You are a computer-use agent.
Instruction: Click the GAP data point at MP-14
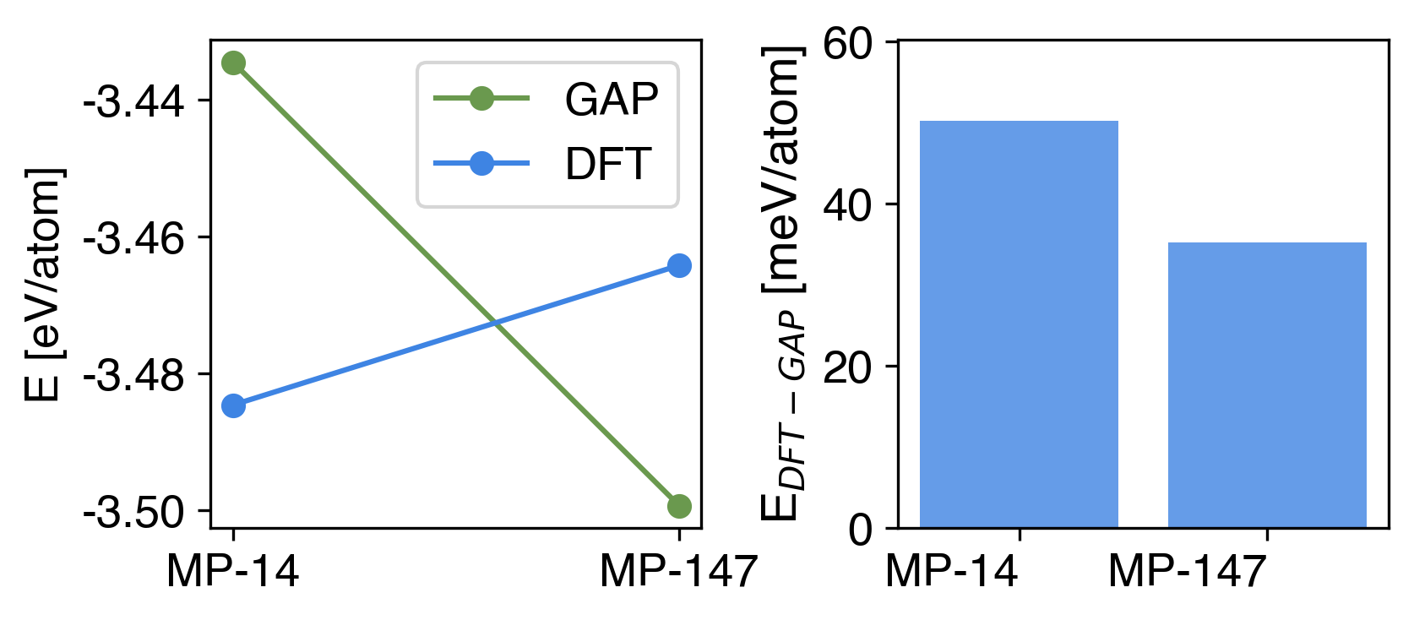(x=233, y=63)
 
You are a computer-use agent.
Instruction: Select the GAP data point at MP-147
(x=679, y=507)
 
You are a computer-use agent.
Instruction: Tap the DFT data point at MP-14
(x=233, y=406)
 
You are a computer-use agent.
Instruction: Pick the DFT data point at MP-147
(x=679, y=266)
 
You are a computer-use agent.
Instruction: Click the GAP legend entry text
(x=612, y=100)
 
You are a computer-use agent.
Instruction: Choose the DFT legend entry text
(x=608, y=164)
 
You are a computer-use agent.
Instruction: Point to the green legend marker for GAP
(x=481, y=99)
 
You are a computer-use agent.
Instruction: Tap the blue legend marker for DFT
(x=481, y=164)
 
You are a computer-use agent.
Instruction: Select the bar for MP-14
(x=1019, y=324)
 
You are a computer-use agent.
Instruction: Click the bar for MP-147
(x=1267, y=385)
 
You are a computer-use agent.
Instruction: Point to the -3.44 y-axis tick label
(x=133, y=103)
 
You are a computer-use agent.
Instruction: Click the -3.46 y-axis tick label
(x=133, y=240)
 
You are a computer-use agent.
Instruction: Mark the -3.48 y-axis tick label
(x=133, y=377)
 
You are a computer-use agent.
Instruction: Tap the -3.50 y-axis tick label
(x=133, y=514)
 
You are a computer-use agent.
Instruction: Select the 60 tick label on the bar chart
(x=848, y=44)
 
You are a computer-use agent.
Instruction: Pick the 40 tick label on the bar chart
(x=848, y=205)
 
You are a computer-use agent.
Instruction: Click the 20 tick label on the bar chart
(x=848, y=367)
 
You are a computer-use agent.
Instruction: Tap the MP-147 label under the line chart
(x=678, y=572)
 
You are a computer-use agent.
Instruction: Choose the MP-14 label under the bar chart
(x=952, y=572)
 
